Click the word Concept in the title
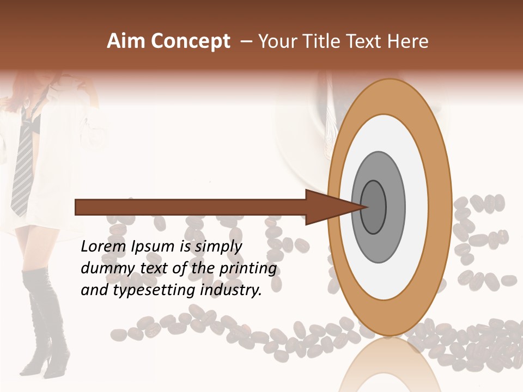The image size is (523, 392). (190, 41)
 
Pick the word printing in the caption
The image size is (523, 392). (248, 269)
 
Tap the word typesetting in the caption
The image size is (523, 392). (152, 291)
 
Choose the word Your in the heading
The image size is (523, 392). (277, 41)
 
